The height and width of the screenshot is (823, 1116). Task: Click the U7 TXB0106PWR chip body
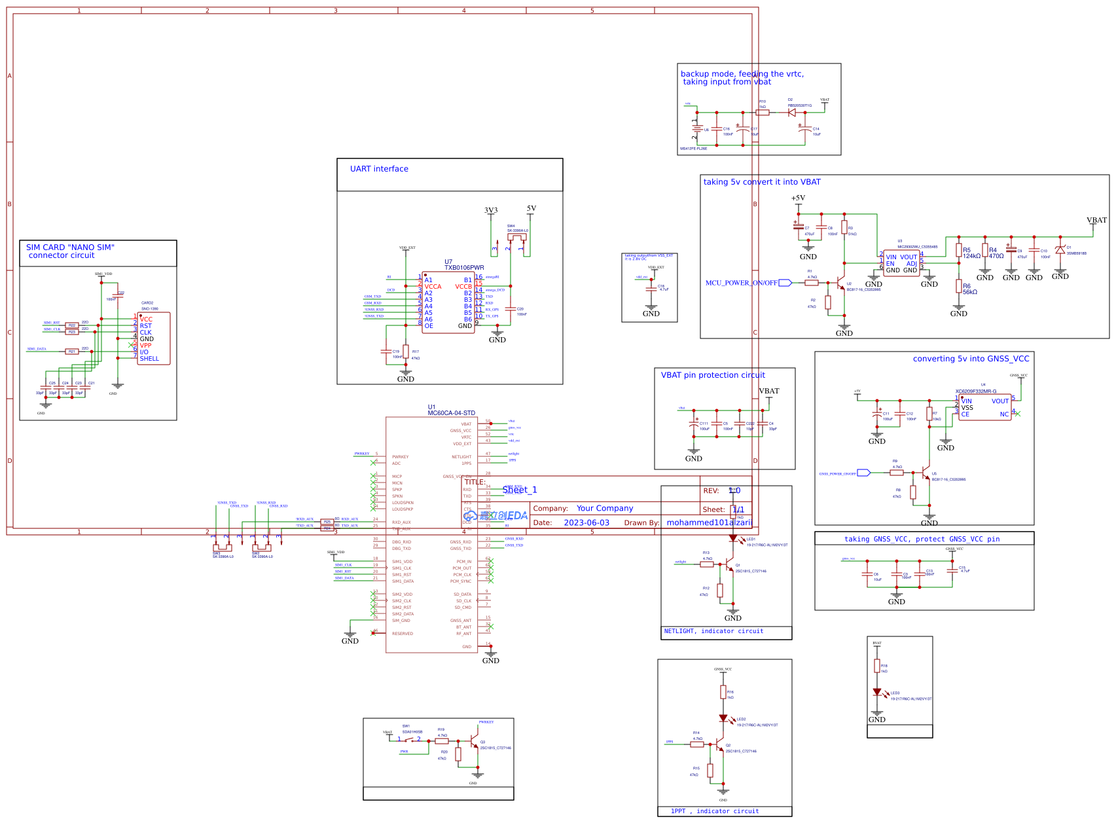(x=448, y=302)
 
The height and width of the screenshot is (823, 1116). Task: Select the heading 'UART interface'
(x=379, y=169)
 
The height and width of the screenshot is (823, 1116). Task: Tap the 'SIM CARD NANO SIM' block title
(x=70, y=251)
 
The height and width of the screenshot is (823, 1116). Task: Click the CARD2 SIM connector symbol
(x=154, y=338)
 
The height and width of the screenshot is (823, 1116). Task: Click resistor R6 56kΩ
(x=958, y=286)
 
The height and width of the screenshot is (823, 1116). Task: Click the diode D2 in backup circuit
(x=792, y=113)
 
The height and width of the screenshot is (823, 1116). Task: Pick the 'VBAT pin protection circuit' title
(x=713, y=375)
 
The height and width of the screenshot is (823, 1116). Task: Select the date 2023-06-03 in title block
(x=586, y=522)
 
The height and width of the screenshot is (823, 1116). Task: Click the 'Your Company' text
(x=605, y=508)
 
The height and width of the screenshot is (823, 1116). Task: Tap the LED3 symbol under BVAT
(x=877, y=692)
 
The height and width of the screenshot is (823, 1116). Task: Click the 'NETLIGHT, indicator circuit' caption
(x=713, y=631)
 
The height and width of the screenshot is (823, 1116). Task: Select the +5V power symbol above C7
(x=798, y=200)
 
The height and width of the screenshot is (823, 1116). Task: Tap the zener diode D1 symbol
(x=1060, y=250)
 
